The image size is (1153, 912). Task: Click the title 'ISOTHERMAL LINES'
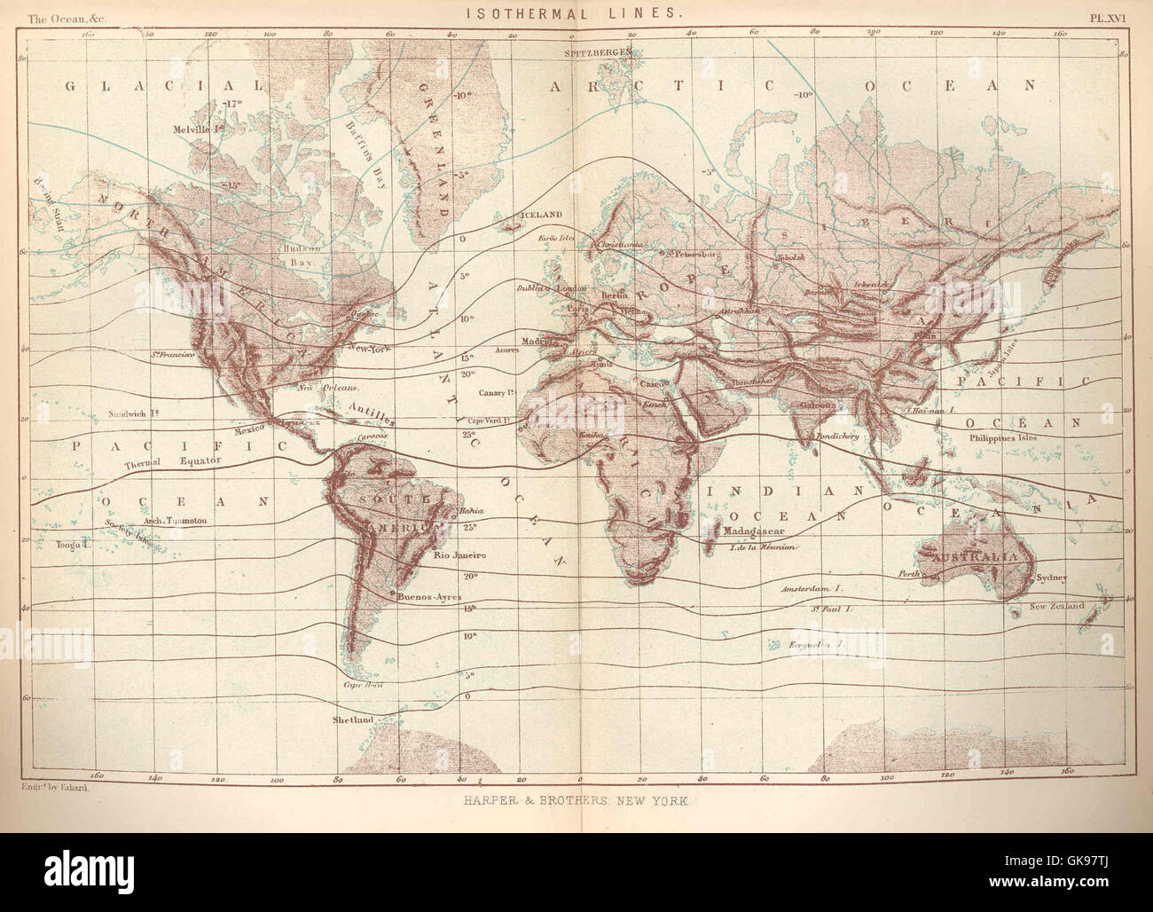(573, 13)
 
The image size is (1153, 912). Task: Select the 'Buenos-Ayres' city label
(428, 597)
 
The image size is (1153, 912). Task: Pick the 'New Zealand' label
(1056, 606)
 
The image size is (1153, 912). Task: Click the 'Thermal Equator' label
(161, 465)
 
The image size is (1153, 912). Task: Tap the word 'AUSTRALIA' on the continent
(970, 556)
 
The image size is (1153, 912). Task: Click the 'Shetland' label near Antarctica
(351, 719)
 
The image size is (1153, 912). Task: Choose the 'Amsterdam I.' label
(810, 589)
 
